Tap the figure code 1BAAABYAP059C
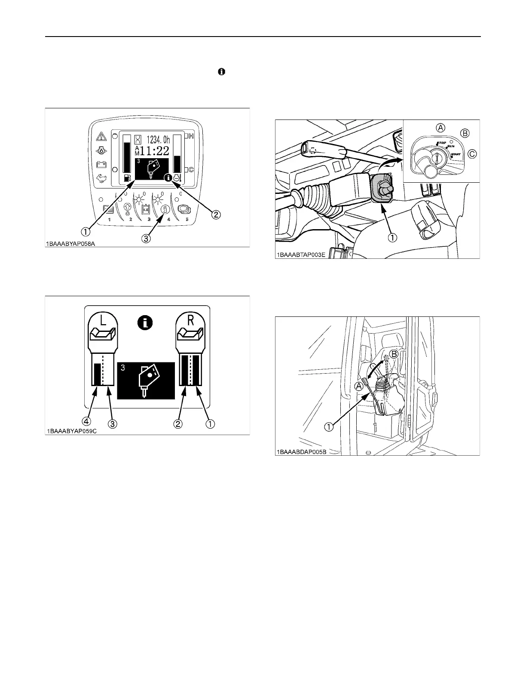click(x=71, y=431)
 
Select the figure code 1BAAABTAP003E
click(x=300, y=255)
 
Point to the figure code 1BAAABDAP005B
click(x=300, y=452)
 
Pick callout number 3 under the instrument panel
click(x=147, y=239)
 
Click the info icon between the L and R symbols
click(x=146, y=323)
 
